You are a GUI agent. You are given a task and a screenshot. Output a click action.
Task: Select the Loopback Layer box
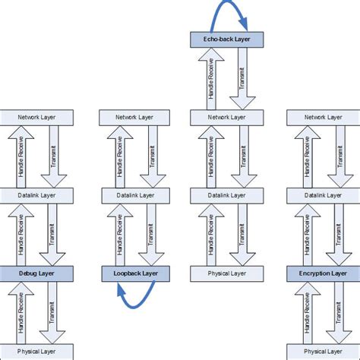point(134,272)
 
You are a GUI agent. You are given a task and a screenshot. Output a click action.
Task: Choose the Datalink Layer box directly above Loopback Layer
point(134,195)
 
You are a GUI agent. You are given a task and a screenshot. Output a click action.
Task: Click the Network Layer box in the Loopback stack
point(134,117)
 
